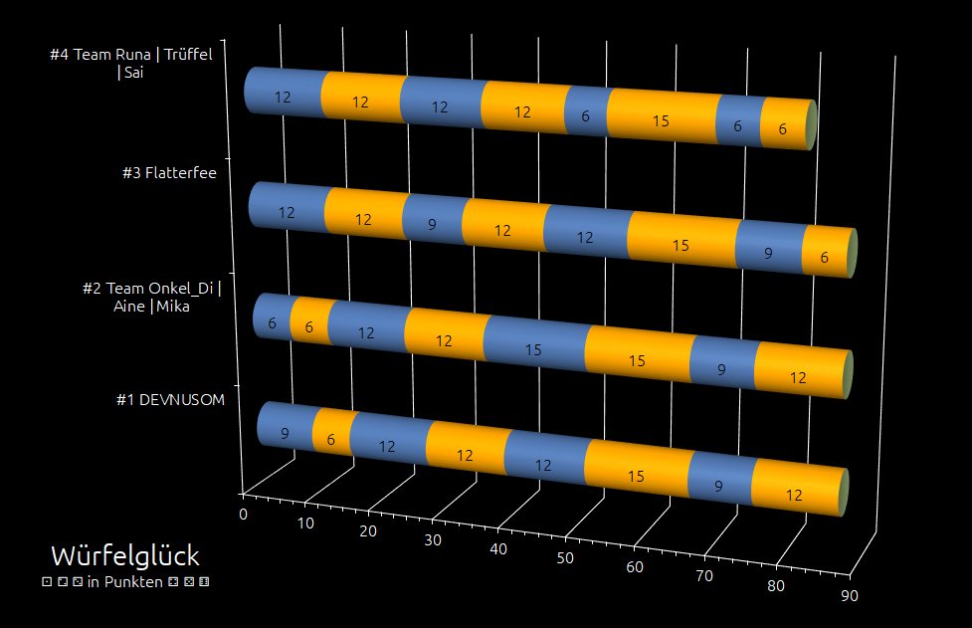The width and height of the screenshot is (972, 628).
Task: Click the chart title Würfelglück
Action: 124,555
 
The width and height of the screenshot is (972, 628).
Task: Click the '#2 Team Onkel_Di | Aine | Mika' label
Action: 151,298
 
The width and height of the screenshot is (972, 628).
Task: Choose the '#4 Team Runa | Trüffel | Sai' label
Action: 137,63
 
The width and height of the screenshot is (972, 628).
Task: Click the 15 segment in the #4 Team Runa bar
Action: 661,120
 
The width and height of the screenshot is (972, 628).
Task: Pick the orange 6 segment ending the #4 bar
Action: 783,128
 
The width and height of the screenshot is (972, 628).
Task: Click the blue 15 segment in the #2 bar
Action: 533,348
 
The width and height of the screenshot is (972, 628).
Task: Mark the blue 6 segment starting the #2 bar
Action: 272,322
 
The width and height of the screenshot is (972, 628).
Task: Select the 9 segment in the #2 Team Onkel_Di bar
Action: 722,366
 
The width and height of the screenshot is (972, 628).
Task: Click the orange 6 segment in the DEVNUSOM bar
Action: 331,438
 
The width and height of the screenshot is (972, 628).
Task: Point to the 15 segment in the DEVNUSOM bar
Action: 636,476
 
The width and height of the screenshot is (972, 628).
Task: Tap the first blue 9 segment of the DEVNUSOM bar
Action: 286,433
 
